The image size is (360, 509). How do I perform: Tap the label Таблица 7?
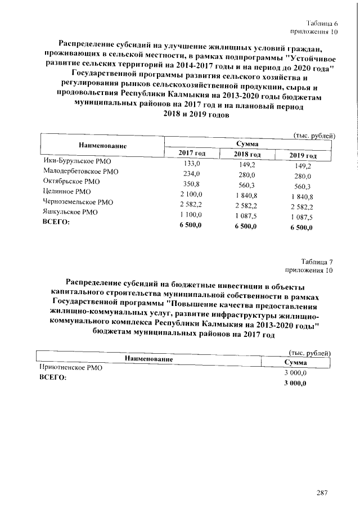pos(317,262)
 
